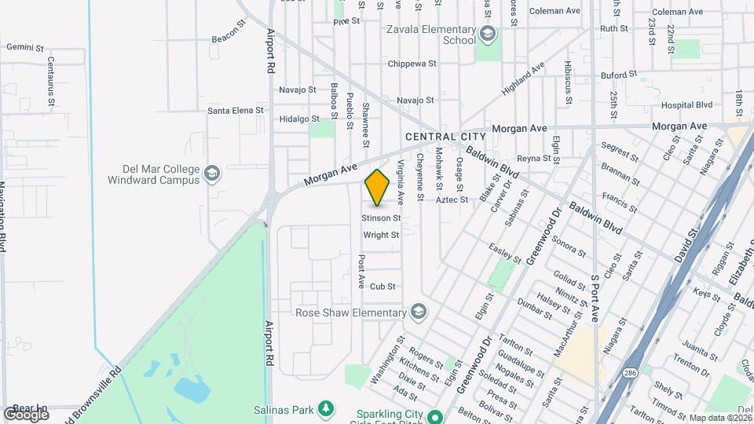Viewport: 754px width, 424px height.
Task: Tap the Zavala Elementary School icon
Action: [488, 33]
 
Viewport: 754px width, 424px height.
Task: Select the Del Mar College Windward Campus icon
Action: [211, 173]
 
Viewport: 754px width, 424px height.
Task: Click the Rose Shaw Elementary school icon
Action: [419, 312]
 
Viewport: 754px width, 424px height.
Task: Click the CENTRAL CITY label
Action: [441, 137]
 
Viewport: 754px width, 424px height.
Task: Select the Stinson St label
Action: [381, 217]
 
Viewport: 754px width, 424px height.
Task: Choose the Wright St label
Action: [381, 235]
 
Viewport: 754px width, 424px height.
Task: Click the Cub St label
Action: [382, 287]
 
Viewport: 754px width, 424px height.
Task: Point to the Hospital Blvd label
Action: [686, 104]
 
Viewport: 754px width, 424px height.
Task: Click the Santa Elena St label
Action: [236, 111]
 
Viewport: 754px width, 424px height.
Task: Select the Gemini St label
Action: [24, 47]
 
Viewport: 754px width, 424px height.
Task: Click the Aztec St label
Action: [452, 199]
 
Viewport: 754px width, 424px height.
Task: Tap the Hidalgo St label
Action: [299, 119]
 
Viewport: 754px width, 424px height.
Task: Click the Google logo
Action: [26, 414]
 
